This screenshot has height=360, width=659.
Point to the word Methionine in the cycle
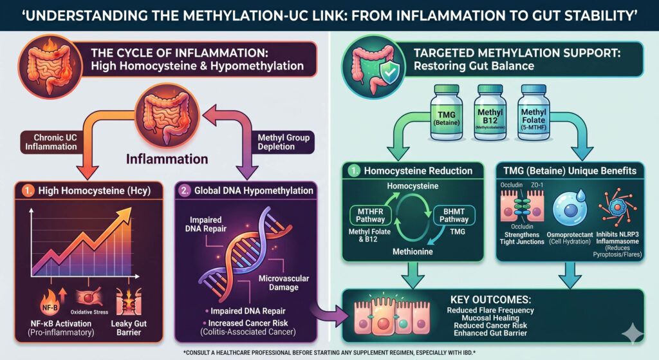pos(413,252)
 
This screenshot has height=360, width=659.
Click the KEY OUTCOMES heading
pos(490,299)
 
